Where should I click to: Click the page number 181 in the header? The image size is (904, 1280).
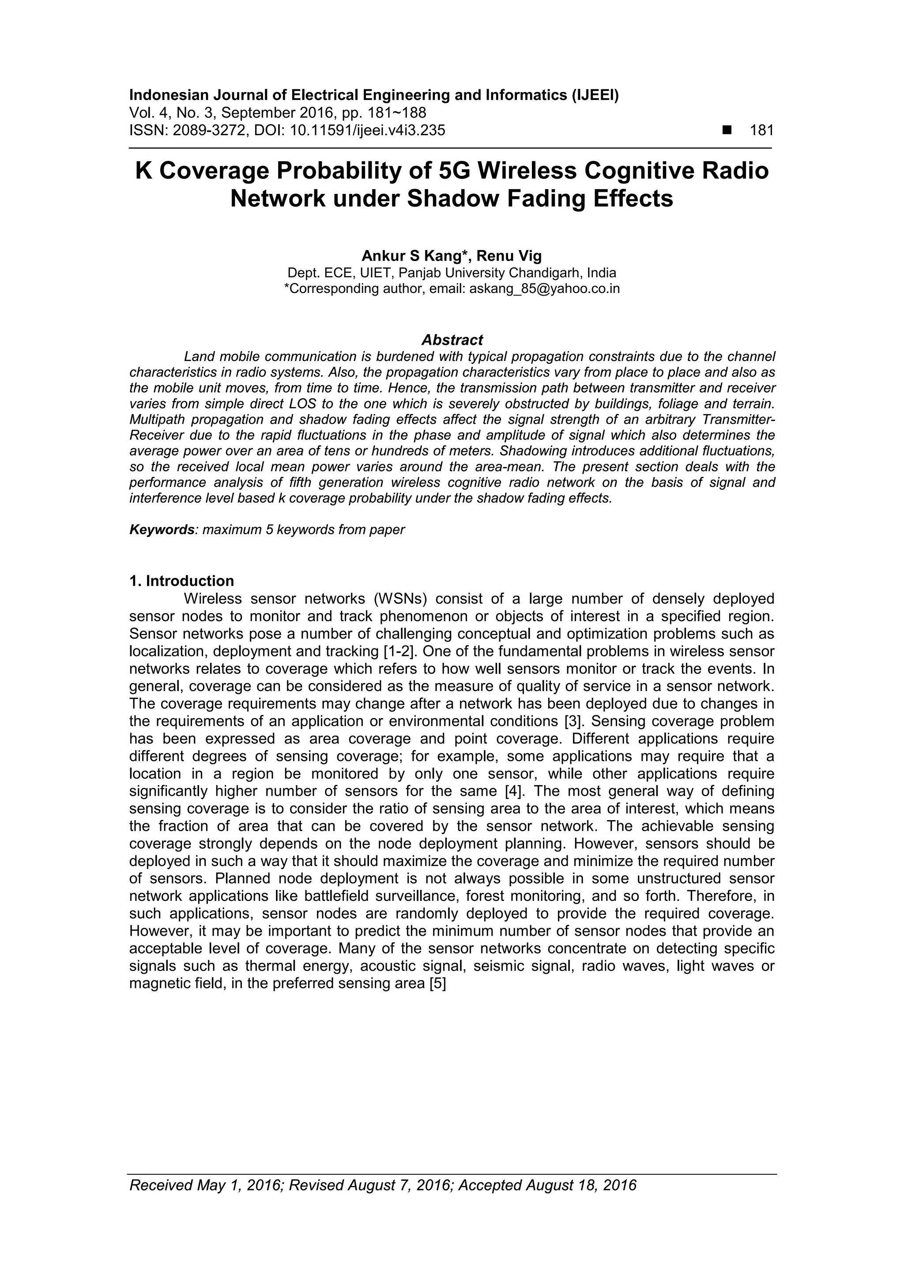coord(762,130)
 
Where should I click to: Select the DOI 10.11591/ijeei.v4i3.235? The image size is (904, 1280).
coord(368,130)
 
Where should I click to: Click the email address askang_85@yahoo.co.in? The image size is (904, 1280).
coord(544,289)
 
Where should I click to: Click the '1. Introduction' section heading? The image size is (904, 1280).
coord(181,581)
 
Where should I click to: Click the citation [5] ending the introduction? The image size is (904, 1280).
coord(438,984)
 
